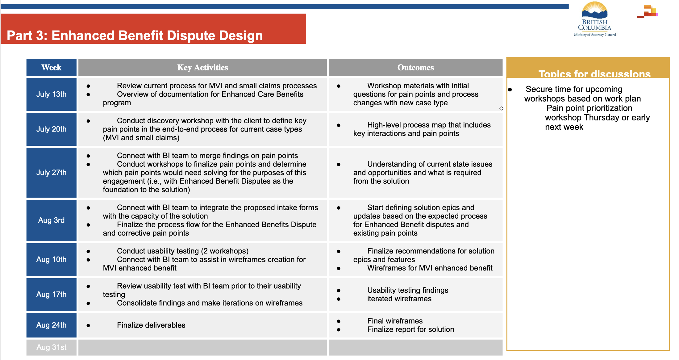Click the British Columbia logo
595,19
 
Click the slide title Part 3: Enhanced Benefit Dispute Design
135,36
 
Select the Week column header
51,67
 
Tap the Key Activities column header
202,67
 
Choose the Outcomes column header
415,67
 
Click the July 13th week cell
51,94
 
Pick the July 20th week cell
51,129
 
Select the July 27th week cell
51,173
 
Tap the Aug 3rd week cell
51,220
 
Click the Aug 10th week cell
51,259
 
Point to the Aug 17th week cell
51,294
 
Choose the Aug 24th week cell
51,325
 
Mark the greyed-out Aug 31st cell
51,347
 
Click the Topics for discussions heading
594,74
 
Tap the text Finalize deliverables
151,325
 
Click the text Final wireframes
395,321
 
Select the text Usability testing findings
408,290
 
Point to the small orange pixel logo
648,11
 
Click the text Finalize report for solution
410,329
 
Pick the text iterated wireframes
399,299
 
